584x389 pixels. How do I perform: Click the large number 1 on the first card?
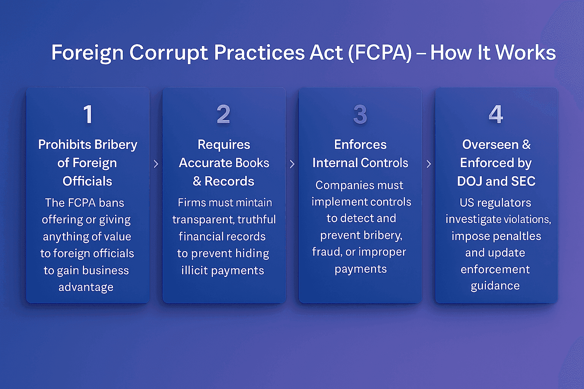[x=88, y=114]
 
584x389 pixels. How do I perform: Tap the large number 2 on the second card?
[x=224, y=114]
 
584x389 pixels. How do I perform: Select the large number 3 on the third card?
[x=360, y=114]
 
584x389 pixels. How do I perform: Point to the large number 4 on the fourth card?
[x=496, y=114]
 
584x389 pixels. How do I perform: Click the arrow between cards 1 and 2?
[x=156, y=164]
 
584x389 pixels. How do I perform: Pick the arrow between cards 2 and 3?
[x=292, y=164]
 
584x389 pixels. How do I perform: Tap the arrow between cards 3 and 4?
[x=429, y=164]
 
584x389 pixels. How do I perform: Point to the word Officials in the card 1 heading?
[x=87, y=181]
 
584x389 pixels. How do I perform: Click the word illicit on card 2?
[x=194, y=270]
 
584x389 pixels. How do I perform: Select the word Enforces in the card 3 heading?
[x=360, y=145]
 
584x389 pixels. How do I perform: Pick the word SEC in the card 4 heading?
[x=523, y=182]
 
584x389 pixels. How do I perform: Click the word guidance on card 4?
[x=495, y=286]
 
